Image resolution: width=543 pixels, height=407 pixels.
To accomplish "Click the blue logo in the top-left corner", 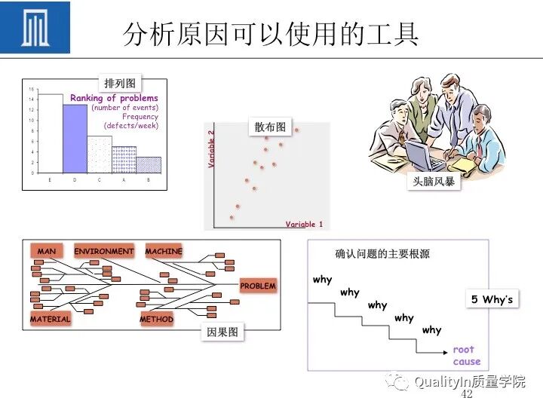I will [x=35, y=28].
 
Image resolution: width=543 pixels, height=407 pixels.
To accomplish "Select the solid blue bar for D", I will [x=75, y=139].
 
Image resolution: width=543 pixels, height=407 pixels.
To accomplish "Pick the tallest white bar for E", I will [x=50, y=133].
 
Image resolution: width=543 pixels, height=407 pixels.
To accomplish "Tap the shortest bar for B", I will [x=149, y=164].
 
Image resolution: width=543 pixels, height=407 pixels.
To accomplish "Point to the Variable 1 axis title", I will [x=304, y=224].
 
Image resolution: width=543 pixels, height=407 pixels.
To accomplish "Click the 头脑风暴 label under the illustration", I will [x=434, y=182].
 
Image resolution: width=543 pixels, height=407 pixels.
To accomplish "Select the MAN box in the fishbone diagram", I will [x=46, y=251].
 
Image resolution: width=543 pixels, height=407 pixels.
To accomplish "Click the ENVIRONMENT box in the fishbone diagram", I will [x=104, y=251].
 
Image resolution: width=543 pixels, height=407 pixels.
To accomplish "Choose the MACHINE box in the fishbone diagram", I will [x=164, y=251].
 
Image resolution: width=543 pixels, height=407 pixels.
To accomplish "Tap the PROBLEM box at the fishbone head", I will [x=258, y=286].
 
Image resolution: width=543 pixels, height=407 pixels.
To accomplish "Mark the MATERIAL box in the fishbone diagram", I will [x=50, y=319].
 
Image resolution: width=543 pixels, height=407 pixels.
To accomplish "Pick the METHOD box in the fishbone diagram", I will [x=157, y=319].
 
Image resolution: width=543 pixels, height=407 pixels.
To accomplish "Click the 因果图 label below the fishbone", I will [x=222, y=332].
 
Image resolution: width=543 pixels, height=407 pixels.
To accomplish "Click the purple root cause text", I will [x=465, y=355].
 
